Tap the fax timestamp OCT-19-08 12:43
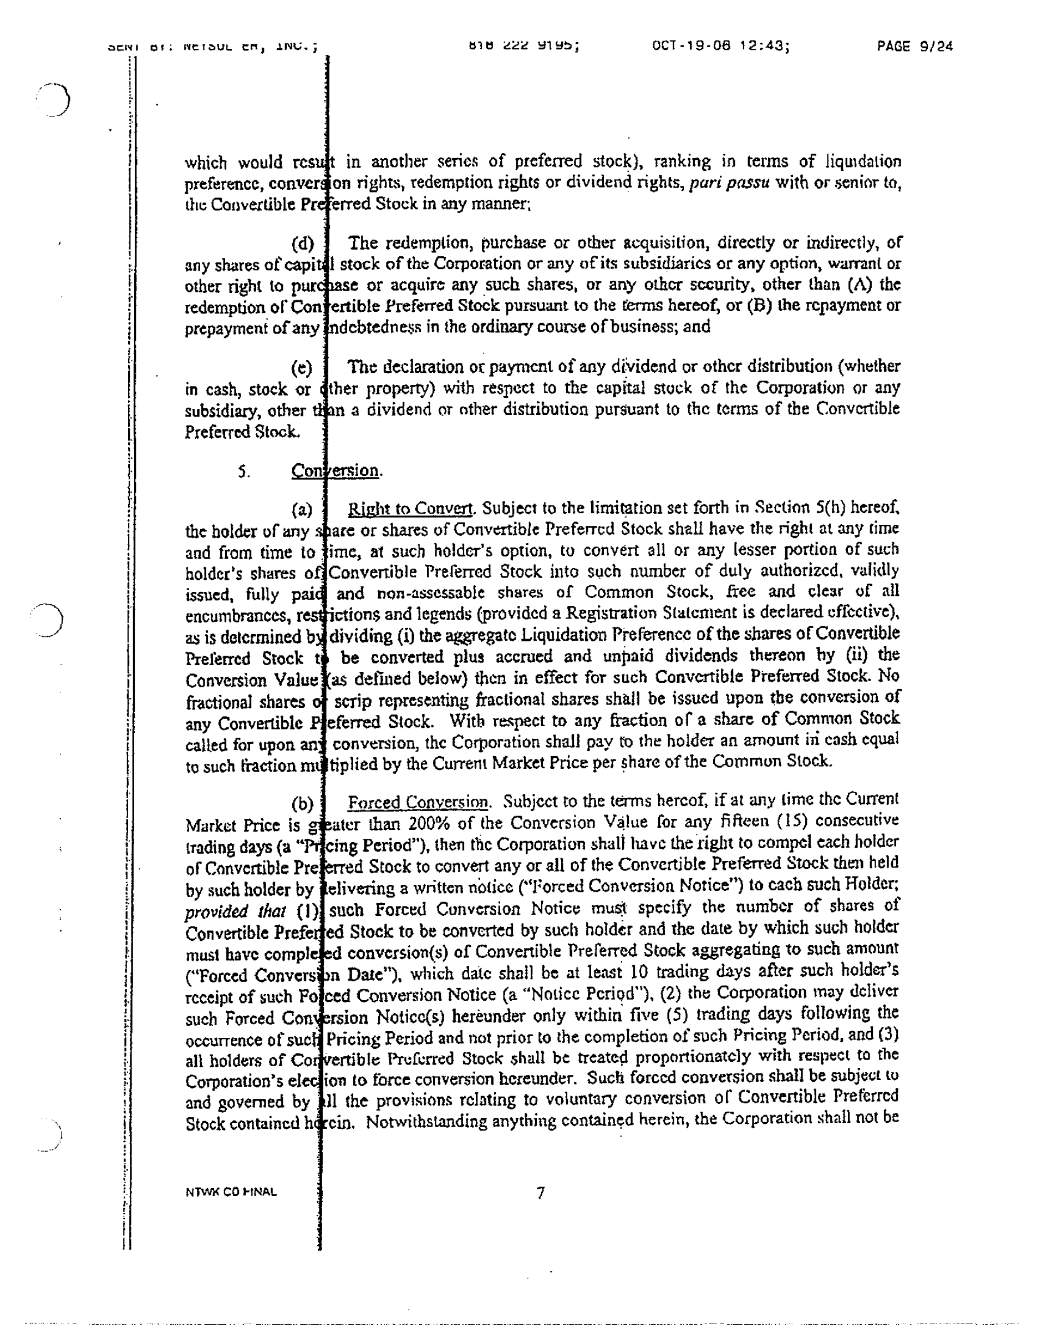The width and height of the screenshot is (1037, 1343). [x=720, y=45]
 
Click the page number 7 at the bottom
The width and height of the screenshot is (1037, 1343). [x=540, y=1194]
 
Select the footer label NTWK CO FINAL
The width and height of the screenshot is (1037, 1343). [x=231, y=1192]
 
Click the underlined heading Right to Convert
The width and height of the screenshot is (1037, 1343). [x=410, y=509]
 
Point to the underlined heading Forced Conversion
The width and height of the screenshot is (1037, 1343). [x=418, y=803]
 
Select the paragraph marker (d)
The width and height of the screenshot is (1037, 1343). [x=302, y=244]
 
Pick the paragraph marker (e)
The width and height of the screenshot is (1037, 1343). [x=302, y=368]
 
